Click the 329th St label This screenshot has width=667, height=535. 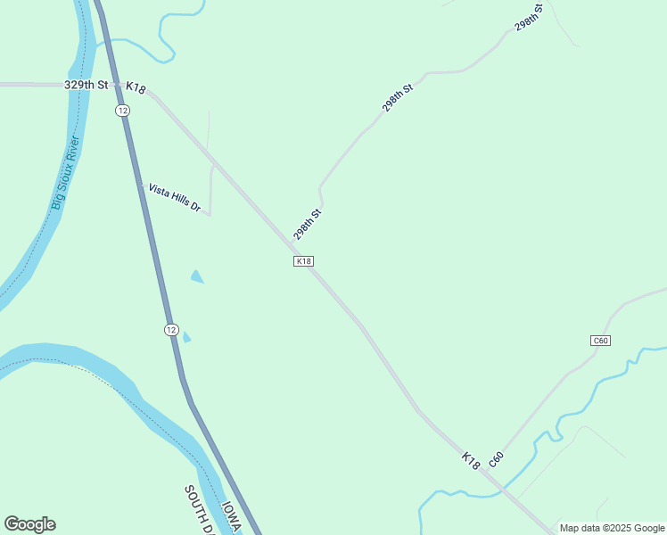tap(86, 85)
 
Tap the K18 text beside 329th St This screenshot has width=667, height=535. tap(136, 87)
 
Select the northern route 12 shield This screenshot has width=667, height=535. tap(122, 110)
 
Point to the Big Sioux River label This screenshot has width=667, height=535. tap(65, 174)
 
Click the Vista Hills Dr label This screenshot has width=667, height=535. tap(175, 198)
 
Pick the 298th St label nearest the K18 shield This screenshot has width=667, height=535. tap(308, 225)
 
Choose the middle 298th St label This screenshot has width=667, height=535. tap(398, 98)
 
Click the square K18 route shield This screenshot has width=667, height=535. tap(304, 261)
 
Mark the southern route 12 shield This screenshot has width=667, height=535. tap(171, 329)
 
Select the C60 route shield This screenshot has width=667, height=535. tap(600, 341)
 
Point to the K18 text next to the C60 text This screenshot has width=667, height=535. tap(471, 460)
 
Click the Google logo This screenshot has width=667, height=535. tap(29, 524)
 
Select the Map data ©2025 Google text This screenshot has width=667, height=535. tap(612, 528)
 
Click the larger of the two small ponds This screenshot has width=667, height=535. tap(197, 277)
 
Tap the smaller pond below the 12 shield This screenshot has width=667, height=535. tap(186, 337)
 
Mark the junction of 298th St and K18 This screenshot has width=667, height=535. tap(292, 242)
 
